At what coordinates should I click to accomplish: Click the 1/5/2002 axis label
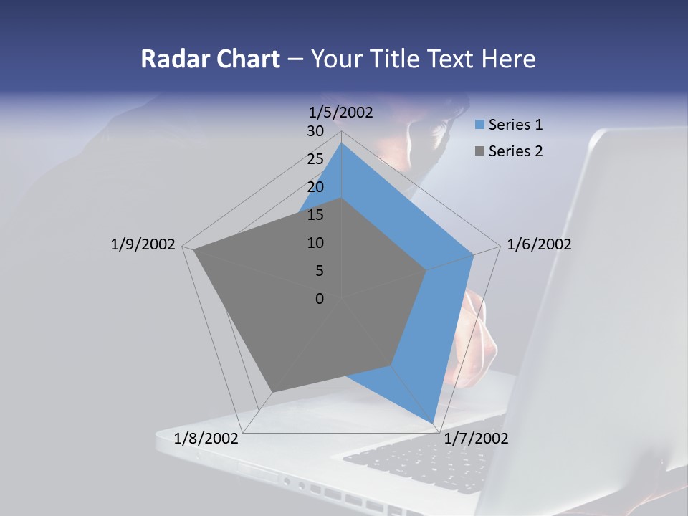(x=340, y=112)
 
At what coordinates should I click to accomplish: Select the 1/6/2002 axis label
(x=539, y=244)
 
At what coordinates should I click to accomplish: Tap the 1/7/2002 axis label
(x=476, y=439)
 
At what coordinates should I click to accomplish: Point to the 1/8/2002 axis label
(x=206, y=439)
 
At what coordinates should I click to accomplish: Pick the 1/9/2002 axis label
(x=143, y=244)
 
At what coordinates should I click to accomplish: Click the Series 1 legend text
(x=515, y=125)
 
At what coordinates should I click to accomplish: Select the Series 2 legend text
(x=515, y=151)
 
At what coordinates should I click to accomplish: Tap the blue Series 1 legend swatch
(x=479, y=125)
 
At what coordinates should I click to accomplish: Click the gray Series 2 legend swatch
(x=479, y=152)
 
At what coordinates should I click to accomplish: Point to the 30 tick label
(x=315, y=131)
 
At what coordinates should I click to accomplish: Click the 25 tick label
(x=315, y=159)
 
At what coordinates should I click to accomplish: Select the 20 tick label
(x=315, y=187)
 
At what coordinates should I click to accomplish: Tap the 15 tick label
(x=315, y=215)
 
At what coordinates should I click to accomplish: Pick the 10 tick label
(x=315, y=243)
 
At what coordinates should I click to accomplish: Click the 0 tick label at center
(x=320, y=299)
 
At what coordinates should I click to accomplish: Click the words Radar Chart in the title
(x=210, y=59)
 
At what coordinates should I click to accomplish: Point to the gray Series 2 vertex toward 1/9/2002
(x=194, y=250)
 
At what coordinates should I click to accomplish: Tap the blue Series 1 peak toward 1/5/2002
(x=342, y=143)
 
